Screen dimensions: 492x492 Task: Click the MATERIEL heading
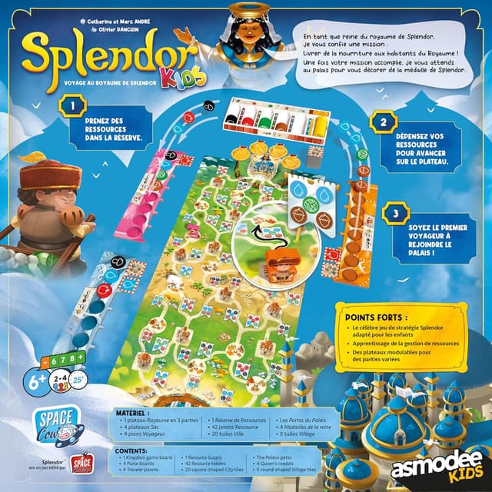coord(131,412)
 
